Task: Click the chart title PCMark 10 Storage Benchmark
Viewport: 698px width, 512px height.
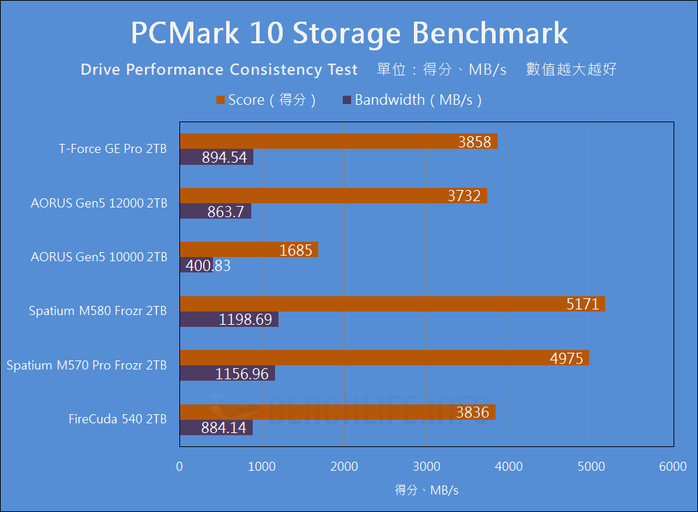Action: pos(349,33)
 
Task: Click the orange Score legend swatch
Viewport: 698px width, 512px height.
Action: pos(221,100)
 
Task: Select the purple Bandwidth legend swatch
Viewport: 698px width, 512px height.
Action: pos(347,100)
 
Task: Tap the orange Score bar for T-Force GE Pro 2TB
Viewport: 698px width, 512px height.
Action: pos(339,142)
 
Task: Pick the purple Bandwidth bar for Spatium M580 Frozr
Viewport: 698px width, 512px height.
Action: pos(229,319)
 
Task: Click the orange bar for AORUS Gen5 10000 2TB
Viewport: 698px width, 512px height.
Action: pos(248,249)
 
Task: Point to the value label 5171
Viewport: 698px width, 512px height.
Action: pos(583,304)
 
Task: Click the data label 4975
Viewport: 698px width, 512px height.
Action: pos(567,358)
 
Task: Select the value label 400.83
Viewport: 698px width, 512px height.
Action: pos(207,265)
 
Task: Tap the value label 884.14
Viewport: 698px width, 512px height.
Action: pos(223,427)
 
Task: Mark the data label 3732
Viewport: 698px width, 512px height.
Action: pos(464,196)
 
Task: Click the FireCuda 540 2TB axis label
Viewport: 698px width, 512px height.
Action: pos(117,419)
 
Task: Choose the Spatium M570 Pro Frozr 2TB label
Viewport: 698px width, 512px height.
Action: pos(87,365)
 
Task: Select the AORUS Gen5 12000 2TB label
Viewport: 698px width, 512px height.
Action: pos(98,203)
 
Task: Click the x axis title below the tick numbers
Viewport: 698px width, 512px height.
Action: pos(426,490)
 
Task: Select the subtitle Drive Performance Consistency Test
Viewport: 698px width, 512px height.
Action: pos(219,70)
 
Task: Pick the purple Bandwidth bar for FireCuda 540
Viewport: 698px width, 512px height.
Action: pos(216,427)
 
